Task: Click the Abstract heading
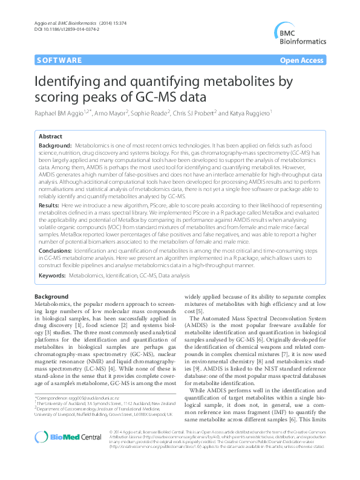50,137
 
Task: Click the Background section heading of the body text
51,296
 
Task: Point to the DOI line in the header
57,29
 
